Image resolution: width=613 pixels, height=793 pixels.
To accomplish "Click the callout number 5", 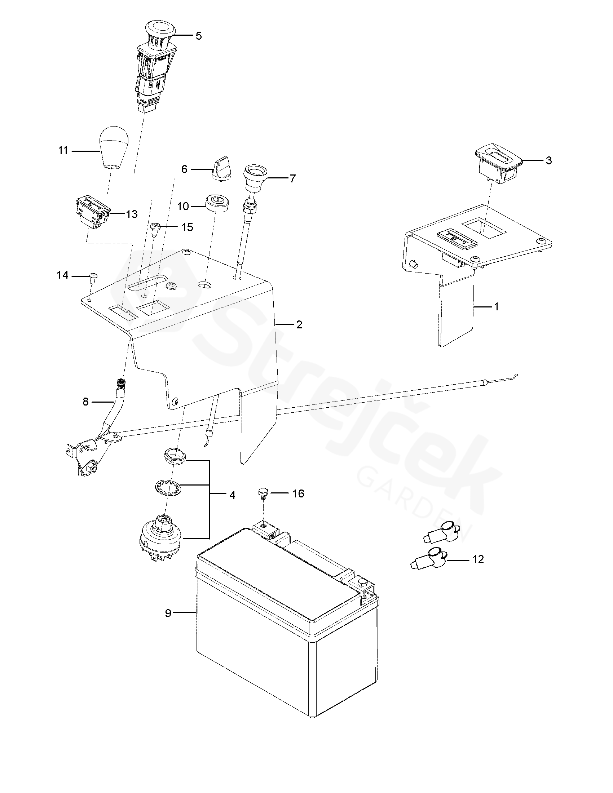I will click(x=198, y=36).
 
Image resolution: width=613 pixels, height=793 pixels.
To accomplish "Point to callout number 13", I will click(x=132, y=214).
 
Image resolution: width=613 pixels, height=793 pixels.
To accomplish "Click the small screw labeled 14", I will click(x=93, y=278).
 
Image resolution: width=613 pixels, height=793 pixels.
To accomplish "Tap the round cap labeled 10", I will click(x=217, y=206).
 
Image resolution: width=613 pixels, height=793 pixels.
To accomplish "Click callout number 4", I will click(x=233, y=495).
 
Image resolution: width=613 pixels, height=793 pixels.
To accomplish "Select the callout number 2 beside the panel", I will click(x=299, y=324).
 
